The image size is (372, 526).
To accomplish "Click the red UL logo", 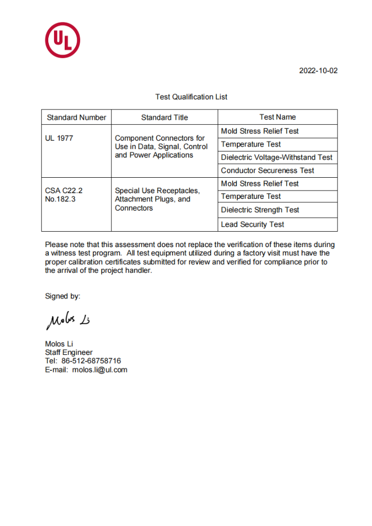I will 63,40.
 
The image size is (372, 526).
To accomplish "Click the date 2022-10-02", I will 319,71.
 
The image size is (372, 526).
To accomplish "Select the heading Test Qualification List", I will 191,97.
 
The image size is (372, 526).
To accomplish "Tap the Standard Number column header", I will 77,117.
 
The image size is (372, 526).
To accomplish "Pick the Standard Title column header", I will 164,117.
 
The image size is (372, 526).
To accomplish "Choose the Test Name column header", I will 277,117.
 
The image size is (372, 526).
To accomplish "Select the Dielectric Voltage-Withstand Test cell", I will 276,157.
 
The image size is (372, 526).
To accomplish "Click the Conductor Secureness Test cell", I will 267,171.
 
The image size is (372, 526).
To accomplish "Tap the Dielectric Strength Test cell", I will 259,210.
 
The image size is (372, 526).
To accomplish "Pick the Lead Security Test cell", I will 252,224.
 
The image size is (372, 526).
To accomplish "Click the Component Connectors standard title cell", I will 161,146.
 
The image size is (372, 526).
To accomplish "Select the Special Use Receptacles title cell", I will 157,199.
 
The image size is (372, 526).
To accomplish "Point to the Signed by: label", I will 63,296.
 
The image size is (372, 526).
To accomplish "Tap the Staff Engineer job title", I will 69,352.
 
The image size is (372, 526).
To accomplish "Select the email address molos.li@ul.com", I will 100,370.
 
